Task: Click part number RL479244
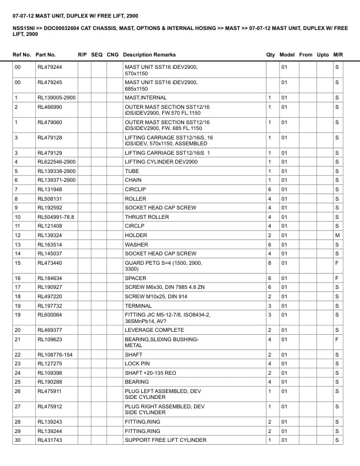[x=50, y=67]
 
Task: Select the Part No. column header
[x=46, y=55]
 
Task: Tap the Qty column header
[x=271, y=55]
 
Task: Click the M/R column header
[x=338, y=55]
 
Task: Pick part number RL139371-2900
[x=56, y=180]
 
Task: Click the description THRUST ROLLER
[x=146, y=217]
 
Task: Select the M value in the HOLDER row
[x=338, y=235]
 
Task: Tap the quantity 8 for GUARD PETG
[x=269, y=263]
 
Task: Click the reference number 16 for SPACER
[x=17, y=278]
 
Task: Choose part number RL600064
[x=50, y=315]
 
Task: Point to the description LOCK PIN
[x=138, y=364]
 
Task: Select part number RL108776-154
[x=55, y=355]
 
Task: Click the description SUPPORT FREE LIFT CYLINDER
[x=165, y=440]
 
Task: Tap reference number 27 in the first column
[x=18, y=407]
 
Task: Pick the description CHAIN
[x=134, y=180]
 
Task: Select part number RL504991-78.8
[x=56, y=217]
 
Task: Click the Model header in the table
[x=287, y=55]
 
